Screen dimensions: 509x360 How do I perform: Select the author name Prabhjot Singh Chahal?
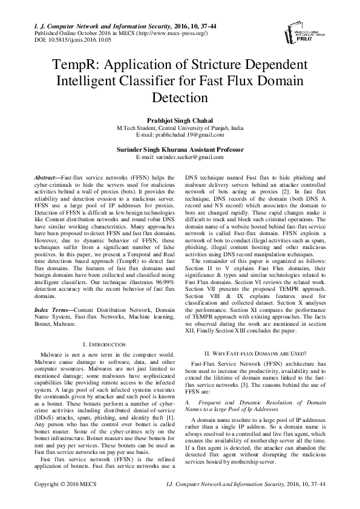(180, 121)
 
